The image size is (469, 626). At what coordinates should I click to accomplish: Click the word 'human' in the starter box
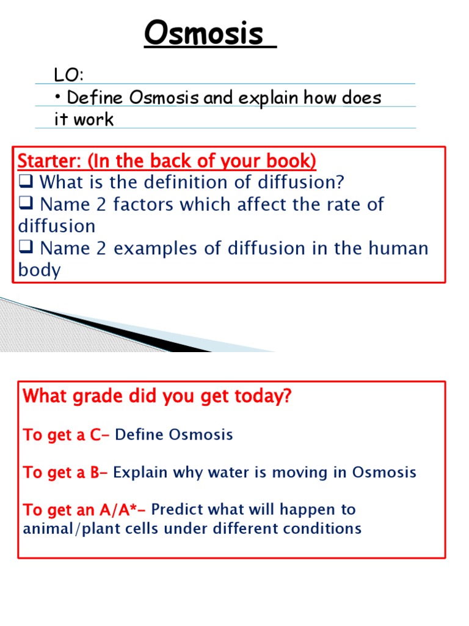click(397, 249)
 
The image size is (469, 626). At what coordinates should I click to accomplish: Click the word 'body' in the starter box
click(39, 271)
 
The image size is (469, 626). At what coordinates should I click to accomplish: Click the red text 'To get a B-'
click(66, 473)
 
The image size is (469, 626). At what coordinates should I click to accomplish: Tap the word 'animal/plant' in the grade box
click(68, 528)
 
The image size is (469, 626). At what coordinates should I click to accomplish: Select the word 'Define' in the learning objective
click(90, 98)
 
